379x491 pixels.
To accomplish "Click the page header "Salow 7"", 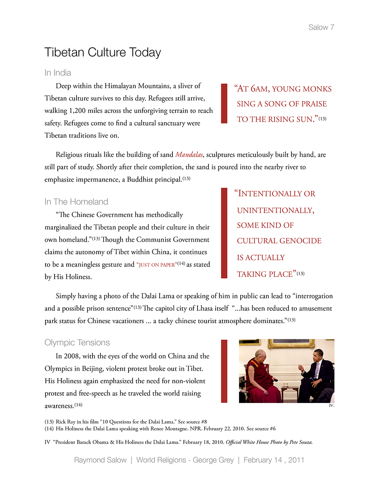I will pyautogui.click(x=321, y=27).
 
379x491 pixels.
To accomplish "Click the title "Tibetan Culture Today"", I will pyautogui.click(x=103, y=52).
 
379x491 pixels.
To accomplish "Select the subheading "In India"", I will pyautogui.click(x=58, y=73).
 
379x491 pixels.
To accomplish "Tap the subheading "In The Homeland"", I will pyautogui.click(x=76, y=202).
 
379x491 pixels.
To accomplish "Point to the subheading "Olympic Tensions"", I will pyautogui.click(x=77, y=343).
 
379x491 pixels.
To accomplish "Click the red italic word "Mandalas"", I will pyautogui.click(x=189, y=155).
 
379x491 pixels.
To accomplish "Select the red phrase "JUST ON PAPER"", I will pyautogui.click(x=157, y=265).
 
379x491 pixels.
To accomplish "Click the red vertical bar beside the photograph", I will pyautogui.click(x=224, y=371).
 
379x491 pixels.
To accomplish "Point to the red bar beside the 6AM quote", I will pyautogui.click(x=224, y=104).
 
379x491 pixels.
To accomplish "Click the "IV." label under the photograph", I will pyautogui.click(x=331, y=406).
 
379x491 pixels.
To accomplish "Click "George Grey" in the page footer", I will pyautogui.click(x=213, y=460).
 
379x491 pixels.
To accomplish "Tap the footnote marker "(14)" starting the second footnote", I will pyautogui.click(x=49, y=429).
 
